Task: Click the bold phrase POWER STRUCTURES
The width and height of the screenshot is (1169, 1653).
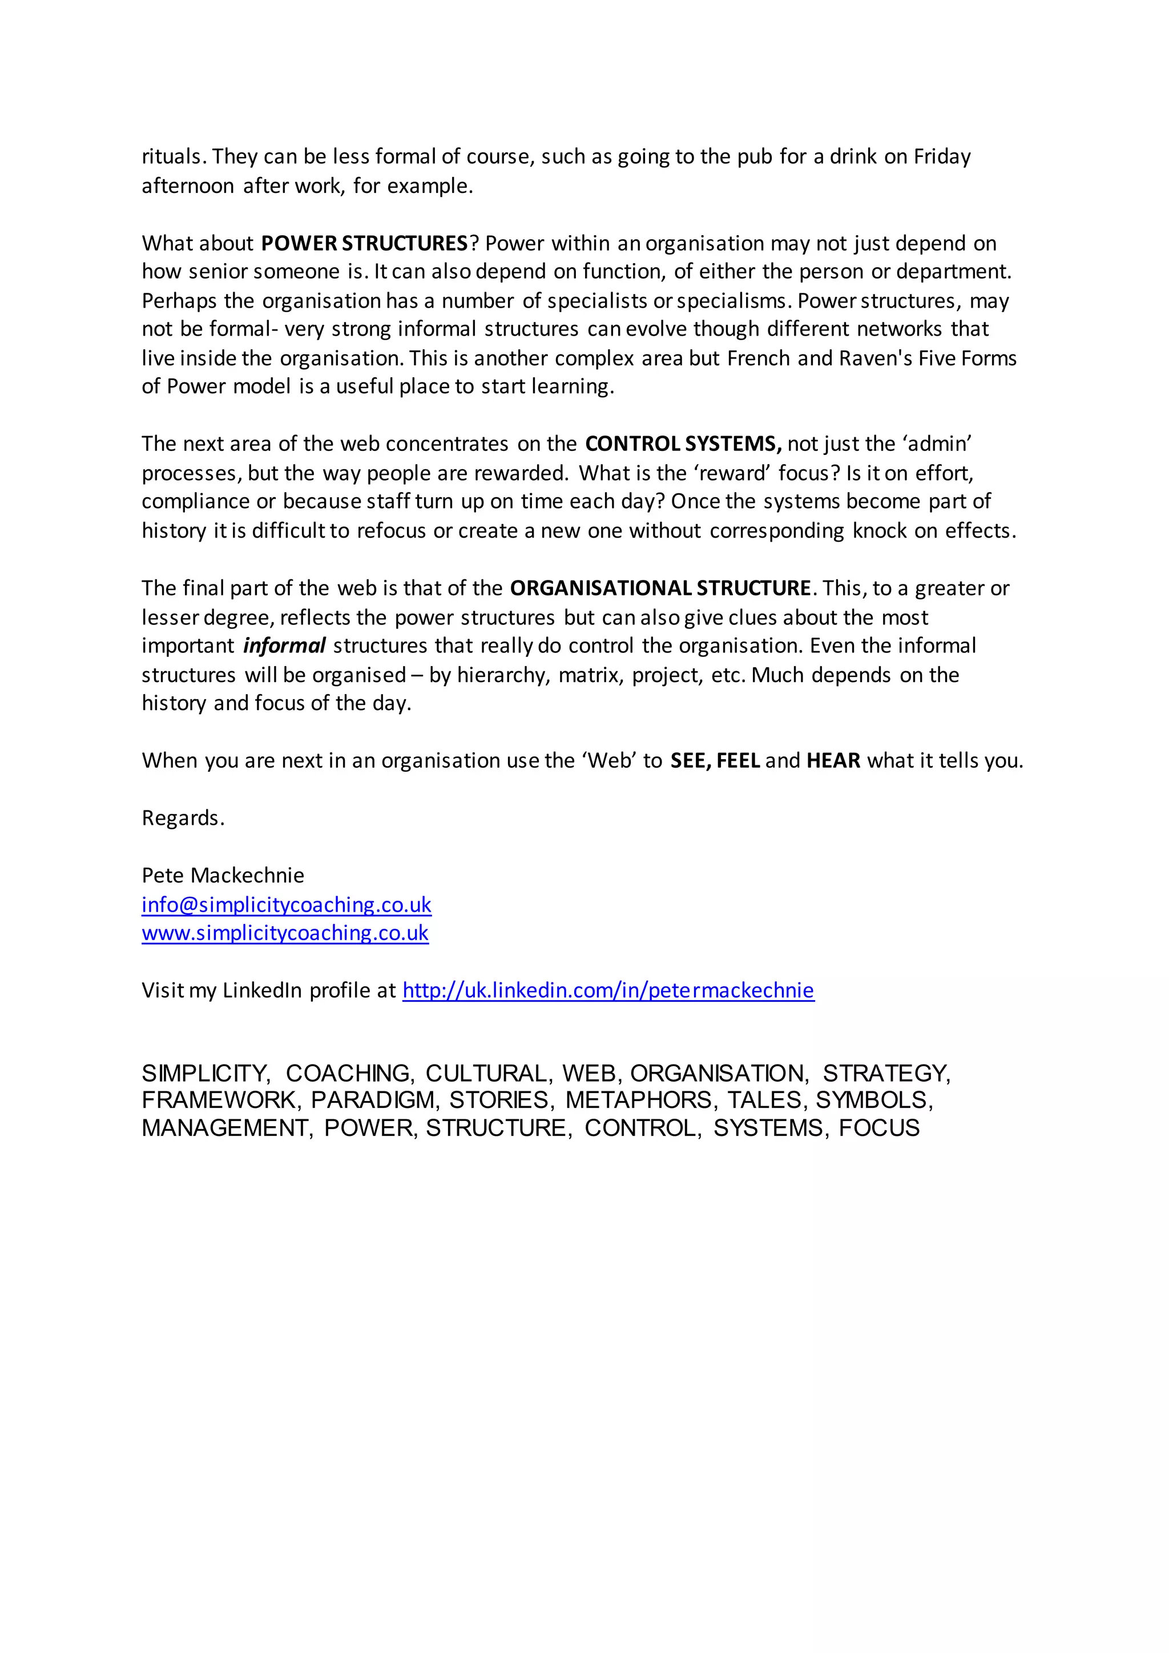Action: [x=364, y=243]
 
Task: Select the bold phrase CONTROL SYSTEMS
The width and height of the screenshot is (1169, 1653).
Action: [x=683, y=444]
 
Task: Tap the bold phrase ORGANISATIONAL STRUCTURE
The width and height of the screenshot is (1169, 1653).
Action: [x=660, y=588]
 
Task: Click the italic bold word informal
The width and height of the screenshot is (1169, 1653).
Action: [x=284, y=646]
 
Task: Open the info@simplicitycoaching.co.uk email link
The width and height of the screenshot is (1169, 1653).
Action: [x=287, y=905]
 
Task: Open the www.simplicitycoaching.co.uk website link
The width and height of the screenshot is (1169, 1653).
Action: [x=285, y=933]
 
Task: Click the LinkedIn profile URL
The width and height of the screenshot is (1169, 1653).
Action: [x=608, y=991]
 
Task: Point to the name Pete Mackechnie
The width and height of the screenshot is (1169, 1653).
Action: [x=223, y=876]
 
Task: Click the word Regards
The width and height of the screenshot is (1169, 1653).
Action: [x=183, y=819]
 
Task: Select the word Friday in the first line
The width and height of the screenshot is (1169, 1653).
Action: [x=942, y=157]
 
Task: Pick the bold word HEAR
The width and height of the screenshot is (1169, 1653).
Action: [x=833, y=761]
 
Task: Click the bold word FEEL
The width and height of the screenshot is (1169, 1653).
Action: [x=739, y=761]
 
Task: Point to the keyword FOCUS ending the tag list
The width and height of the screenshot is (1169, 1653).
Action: [x=879, y=1128]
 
